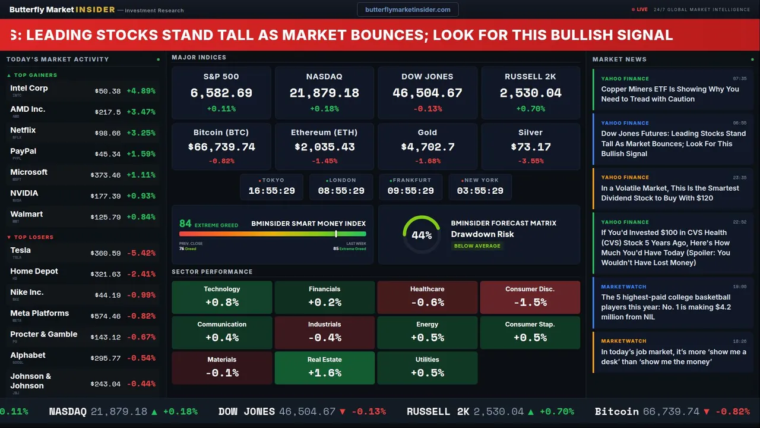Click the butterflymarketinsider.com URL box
pyautogui.click(x=407, y=10)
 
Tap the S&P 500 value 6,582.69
pyautogui.click(x=221, y=93)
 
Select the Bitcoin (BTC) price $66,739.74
pyautogui.click(x=221, y=147)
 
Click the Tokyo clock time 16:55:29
pyautogui.click(x=271, y=191)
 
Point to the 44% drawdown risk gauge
pyautogui.click(x=422, y=235)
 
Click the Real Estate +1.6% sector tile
pyautogui.click(x=324, y=368)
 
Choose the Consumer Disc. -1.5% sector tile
pyautogui.click(x=530, y=297)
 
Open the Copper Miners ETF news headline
pyautogui.click(x=670, y=94)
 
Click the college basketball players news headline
pyautogui.click(x=666, y=307)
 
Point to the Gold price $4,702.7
pyautogui.click(x=427, y=147)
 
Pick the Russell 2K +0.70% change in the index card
pyautogui.click(x=530, y=109)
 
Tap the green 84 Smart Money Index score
pyautogui.click(x=185, y=224)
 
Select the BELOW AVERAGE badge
pyautogui.click(x=477, y=246)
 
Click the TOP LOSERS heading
pyautogui.click(x=33, y=237)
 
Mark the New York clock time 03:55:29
pyautogui.click(x=480, y=191)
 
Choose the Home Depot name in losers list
pyautogui.click(x=34, y=271)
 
